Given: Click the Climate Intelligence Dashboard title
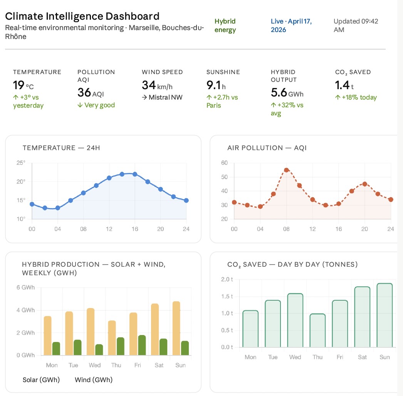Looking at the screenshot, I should [x=82, y=17].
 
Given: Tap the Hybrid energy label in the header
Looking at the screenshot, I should [x=225, y=25].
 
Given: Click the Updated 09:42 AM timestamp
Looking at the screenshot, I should [x=356, y=25].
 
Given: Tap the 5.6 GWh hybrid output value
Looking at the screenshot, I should [x=287, y=93].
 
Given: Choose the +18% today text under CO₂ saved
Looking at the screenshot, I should [x=356, y=97].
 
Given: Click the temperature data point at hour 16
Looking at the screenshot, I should [x=135, y=174].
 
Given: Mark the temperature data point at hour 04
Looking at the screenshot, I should [x=58, y=208].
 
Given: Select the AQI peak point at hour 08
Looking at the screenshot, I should [x=286, y=170].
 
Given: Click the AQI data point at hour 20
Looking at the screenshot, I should [x=364, y=184].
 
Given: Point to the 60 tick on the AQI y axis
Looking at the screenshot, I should [x=224, y=163].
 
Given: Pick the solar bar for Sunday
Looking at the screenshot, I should [x=176, y=328].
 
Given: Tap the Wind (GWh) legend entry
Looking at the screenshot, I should [x=94, y=380].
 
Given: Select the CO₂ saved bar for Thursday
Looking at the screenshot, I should [x=317, y=330].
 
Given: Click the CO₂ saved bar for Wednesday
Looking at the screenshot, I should [x=295, y=320].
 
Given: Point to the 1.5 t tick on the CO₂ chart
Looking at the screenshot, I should [x=227, y=296].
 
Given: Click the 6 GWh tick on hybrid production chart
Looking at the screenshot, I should [x=26, y=288].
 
